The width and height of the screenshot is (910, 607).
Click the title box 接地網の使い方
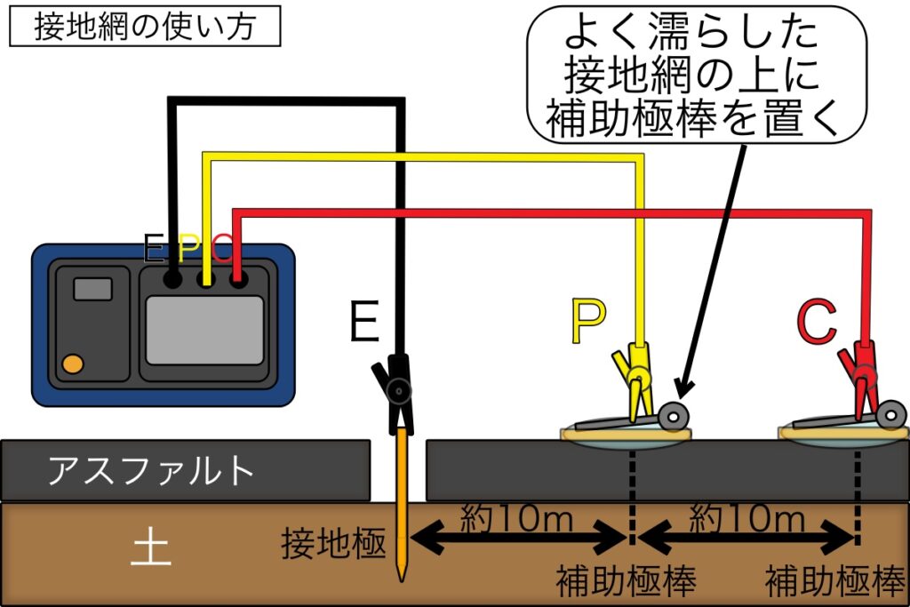pos(145,27)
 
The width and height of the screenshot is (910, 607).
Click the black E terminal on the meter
pos(173,280)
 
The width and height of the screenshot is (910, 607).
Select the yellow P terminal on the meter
pos(205,280)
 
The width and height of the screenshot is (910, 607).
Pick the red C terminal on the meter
pos(237,280)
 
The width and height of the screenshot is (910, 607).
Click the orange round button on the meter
pos(74,363)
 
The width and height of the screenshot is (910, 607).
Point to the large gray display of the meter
pos(204,330)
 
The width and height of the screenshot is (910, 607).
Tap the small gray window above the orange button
pos(92,289)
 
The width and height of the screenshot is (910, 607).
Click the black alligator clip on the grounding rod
pos(395,391)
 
